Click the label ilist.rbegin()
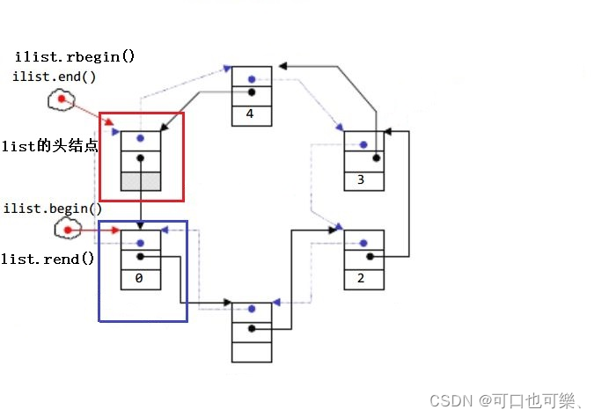[x=75, y=58]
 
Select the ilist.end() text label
[x=55, y=77]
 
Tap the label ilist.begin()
[x=53, y=208]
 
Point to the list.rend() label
[x=48, y=260]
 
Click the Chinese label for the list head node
[x=49, y=146]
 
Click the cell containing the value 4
[x=252, y=114]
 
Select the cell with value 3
[x=363, y=179]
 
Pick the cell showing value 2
[x=363, y=278]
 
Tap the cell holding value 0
[x=141, y=278]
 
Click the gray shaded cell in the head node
[x=141, y=180]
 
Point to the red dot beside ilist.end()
[x=62, y=99]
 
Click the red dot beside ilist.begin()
[x=68, y=230]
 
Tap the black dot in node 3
[x=376, y=159]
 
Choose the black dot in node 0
[x=141, y=257]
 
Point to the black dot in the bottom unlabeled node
[x=252, y=329]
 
